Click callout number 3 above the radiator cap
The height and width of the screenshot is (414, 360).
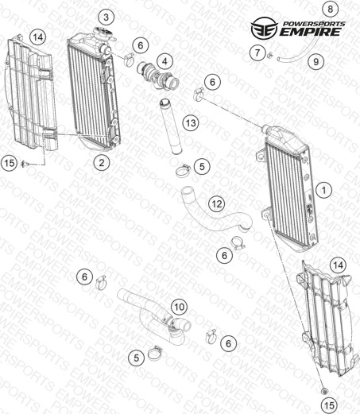pos(106,17)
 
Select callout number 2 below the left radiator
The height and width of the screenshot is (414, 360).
pos(102,163)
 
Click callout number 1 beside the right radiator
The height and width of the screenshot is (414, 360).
pos(323,190)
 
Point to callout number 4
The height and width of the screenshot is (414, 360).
pos(165,62)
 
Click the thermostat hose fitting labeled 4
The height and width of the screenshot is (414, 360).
pos(158,76)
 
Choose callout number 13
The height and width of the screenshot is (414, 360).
pos(191,123)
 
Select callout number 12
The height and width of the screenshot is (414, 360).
pos(217,204)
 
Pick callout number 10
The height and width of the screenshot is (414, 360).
pos(180,307)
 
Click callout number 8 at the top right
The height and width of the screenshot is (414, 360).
pos(330,9)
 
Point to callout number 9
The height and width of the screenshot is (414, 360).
pos(316,62)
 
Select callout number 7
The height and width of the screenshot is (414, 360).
pos(257,52)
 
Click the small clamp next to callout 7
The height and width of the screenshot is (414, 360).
pos(270,55)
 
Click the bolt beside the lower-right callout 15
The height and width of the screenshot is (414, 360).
pos(324,391)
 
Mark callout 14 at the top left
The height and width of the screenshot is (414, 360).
pos(38,37)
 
